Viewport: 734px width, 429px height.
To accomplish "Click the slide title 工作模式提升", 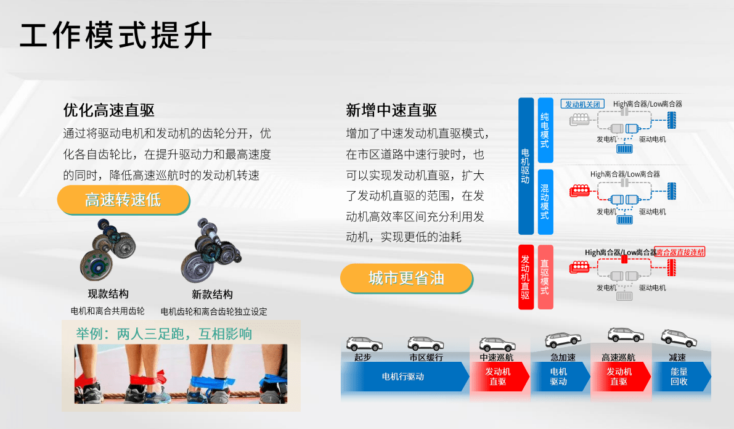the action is point(116,35).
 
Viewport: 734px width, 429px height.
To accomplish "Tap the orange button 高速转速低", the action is point(123,200).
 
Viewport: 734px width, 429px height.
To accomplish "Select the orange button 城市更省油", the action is point(406,278).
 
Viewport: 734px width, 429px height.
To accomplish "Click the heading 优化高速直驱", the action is point(109,110).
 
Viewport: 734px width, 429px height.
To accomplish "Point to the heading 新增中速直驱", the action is point(391,110).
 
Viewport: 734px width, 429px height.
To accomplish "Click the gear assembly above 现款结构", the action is point(108,250).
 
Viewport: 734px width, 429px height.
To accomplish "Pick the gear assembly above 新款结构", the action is point(211,250).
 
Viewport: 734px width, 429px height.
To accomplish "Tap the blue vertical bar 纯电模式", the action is point(545,130).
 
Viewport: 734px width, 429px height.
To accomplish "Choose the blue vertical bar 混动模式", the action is point(545,202).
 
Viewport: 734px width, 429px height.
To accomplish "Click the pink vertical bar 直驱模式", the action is point(545,277).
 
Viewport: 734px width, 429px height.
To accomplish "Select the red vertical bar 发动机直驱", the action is point(526,277).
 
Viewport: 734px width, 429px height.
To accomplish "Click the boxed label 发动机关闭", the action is point(582,104).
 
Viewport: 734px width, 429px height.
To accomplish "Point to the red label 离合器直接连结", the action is point(680,252).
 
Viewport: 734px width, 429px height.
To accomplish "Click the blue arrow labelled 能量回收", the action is point(681,377).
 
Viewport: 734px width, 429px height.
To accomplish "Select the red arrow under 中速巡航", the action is point(499,377).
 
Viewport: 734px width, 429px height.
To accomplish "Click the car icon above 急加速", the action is point(563,340).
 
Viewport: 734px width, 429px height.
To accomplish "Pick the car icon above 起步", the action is point(364,344).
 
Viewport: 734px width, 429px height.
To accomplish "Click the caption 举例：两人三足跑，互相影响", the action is point(164,334).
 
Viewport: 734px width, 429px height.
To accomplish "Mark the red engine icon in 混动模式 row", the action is point(579,190).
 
